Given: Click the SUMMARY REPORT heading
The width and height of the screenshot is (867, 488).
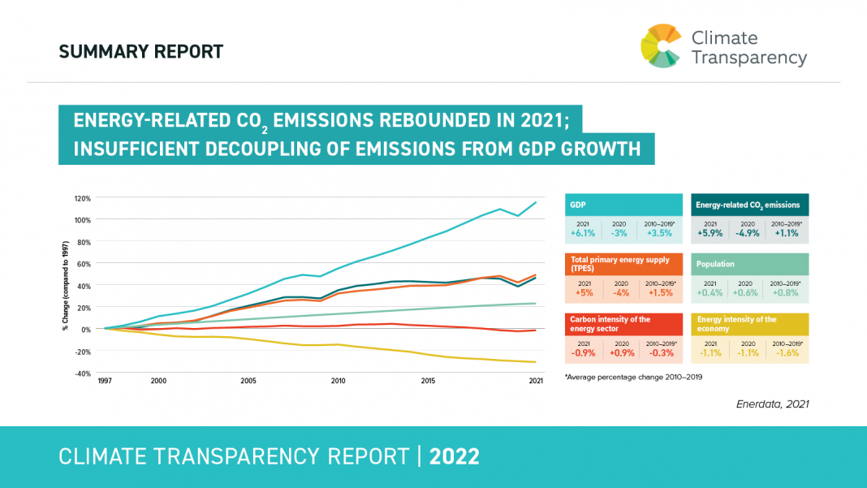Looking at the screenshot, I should (x=140, y=52).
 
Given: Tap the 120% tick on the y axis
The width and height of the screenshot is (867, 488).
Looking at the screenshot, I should (x=82, y=198).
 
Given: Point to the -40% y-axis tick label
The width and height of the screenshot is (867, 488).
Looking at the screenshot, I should (x=83, y=374).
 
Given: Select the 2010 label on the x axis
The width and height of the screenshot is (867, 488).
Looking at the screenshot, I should (x=339, y=381).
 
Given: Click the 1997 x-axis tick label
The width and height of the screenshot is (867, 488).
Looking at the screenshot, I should (x=105, y=381).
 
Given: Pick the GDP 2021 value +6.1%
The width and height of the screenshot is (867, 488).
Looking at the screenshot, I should (x=583, y=233).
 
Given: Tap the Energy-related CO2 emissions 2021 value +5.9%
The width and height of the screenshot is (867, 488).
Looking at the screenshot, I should (x=710, y=233).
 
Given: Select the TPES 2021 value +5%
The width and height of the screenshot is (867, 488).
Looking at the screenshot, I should (x=583, y=292).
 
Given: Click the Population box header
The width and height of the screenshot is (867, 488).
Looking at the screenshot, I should (x=715, y=265).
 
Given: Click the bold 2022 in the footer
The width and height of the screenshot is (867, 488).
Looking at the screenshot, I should (x=455, y=456).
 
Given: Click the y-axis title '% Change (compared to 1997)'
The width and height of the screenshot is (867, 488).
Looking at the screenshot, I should (x=65, y=286).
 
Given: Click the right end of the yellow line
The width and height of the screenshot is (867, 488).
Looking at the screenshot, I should (x=536, y=362).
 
